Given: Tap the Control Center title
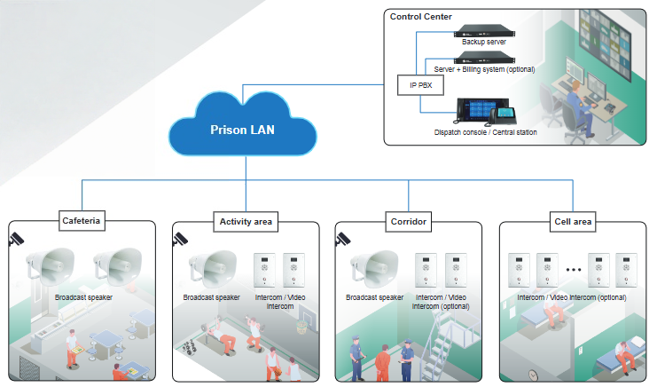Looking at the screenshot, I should (420, 16).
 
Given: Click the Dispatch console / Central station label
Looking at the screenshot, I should (485, 132).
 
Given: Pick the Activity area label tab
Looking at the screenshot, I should (246, 221).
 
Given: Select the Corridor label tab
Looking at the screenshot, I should (409, 221).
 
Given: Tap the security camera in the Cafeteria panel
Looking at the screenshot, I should (17, 239).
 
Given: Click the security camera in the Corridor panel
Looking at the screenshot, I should (343, 239).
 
